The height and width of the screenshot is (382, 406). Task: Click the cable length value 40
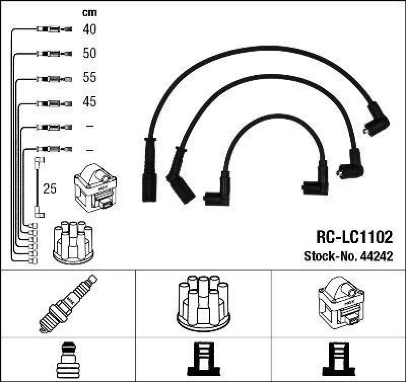click(x=89, y=29)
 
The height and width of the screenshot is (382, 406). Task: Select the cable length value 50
click(x=89, y=53)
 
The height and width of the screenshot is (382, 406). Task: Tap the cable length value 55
click(x=89, y=78)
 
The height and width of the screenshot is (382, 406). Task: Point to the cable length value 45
click(x=89, y=102)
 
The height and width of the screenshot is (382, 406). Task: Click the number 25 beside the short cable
click(x=50, y=189)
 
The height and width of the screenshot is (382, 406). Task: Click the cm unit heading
click(x=89, y=13)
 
